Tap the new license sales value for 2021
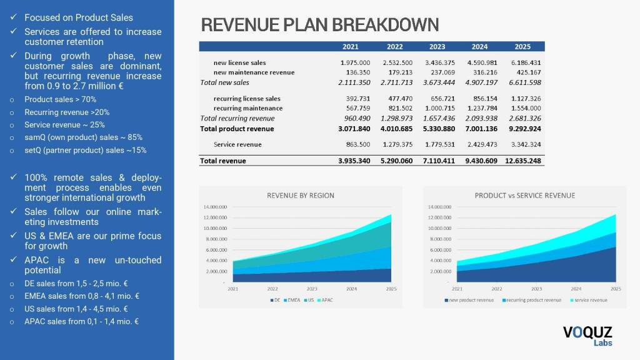click(x=355, y=62)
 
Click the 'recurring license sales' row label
click(x=247, y=99)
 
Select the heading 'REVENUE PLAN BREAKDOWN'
click(x=320, y=25)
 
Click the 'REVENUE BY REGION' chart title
click(x=301, y=195)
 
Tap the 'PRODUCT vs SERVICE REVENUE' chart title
click(x=525, y=195)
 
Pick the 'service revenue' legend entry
click(x=589, y=300)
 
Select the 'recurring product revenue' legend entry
click(x=533, y=300)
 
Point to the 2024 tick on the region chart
click(x=352, y=289)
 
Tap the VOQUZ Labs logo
click(x=587, y=336)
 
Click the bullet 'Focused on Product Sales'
click(x=79, y=17)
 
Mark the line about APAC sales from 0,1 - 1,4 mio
click(x=81, y=321)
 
